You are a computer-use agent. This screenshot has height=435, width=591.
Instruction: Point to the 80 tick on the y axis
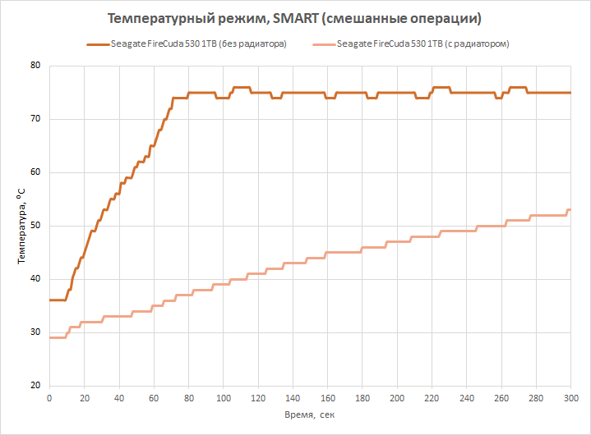tap(36, 66)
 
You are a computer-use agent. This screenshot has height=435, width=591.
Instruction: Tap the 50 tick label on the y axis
tap(36, 226)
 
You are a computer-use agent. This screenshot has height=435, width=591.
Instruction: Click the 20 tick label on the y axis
tap(36, 386)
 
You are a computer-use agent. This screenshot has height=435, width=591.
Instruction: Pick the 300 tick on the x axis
tap(570, 398)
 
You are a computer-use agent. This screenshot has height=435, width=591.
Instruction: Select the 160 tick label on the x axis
tap(327, 398)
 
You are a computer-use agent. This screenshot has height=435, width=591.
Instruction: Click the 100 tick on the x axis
tap(223, 398)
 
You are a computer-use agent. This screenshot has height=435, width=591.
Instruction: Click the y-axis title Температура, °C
tap(21, 226)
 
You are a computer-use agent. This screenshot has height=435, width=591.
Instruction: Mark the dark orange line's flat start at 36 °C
tap(58, 300)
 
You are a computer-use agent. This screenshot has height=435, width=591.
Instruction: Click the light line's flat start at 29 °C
tap(57, 337)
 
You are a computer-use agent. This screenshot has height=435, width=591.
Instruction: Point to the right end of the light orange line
tap(570, 209)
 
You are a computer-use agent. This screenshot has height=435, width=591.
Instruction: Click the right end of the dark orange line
tap(570, 93)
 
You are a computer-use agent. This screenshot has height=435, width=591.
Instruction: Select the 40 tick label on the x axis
tap(119, 398)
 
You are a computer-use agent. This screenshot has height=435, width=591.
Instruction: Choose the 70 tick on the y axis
tap(36, 119)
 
